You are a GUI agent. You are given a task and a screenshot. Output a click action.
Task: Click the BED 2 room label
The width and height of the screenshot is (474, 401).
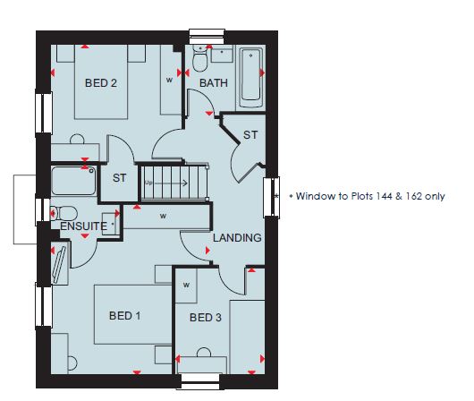101,83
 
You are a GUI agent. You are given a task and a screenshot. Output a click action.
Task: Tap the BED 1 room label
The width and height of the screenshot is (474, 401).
124,316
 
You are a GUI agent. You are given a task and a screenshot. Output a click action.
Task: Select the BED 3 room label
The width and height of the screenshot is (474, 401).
206,318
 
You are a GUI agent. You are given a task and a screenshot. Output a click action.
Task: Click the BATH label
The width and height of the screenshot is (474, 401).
214,82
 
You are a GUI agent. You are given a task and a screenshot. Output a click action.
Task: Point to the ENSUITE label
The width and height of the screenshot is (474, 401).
83,226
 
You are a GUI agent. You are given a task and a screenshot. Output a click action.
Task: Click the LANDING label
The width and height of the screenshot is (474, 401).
237,237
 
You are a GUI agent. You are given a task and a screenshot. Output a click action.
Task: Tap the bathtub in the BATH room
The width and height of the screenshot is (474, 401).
250,78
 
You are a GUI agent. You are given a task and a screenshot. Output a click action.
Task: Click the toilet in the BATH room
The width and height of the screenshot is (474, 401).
199,58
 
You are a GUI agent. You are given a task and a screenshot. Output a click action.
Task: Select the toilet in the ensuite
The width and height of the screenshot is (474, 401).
63,213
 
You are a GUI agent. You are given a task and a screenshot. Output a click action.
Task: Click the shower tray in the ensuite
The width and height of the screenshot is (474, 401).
73,181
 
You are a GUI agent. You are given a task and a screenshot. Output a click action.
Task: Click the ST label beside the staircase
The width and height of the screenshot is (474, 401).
119,178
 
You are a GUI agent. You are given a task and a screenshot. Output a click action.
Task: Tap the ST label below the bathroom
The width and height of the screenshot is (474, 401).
250,135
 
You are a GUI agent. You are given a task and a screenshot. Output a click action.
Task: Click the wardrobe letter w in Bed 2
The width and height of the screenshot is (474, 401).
169,81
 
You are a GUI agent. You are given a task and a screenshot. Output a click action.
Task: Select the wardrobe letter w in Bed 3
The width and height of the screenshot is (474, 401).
186,286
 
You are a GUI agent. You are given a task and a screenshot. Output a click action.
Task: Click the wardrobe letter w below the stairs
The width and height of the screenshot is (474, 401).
163,216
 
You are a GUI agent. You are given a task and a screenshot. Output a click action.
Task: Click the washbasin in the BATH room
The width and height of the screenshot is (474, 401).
222,54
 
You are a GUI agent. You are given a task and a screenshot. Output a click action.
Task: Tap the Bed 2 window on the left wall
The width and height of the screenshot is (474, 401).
44,113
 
